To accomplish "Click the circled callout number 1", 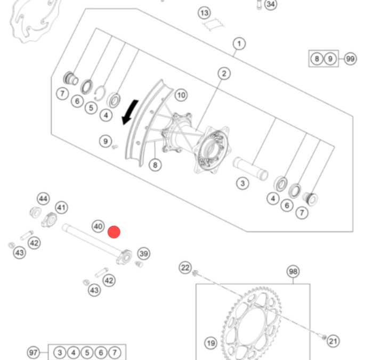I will [239, 44].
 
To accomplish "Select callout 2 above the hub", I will [224, 73].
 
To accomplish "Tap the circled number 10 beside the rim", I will [181, 95].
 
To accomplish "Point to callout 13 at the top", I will [205, 13].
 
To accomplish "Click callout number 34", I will [271, 5].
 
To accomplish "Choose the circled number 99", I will [350, 59].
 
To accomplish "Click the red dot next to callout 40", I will [114, 232].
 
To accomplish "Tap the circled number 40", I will [98, 226].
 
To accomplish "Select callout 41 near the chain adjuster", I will [62, 208].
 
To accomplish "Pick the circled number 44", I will [43, 199].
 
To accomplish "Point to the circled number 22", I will [184, 267].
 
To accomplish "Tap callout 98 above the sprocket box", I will [293, 272].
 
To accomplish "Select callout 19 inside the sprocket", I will [210, 343].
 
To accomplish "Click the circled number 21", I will [332, 341].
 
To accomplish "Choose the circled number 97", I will [34, 352].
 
